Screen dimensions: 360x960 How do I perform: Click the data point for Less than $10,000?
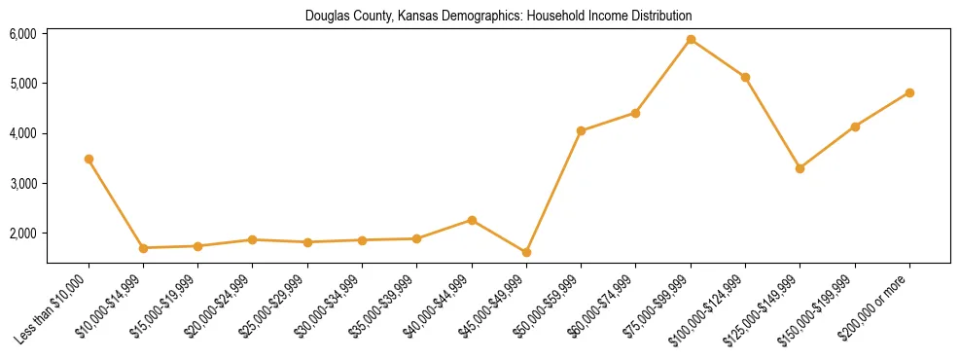coord(89,159)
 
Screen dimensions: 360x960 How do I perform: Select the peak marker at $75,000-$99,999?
coord(691,40)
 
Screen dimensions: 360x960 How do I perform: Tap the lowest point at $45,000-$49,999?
coord(526,252)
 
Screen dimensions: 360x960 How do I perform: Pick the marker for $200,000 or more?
coord(909,92)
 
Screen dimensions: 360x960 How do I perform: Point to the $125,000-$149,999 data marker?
coord(800,168)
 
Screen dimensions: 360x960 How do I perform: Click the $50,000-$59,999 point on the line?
coord(581,130)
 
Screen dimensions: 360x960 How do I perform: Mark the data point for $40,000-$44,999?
coord(472,220)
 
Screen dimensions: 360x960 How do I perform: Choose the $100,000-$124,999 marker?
coord(745,77)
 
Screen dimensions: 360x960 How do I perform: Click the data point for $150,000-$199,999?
coord(855,126)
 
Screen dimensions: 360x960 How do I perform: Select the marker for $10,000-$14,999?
coord(143,248)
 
